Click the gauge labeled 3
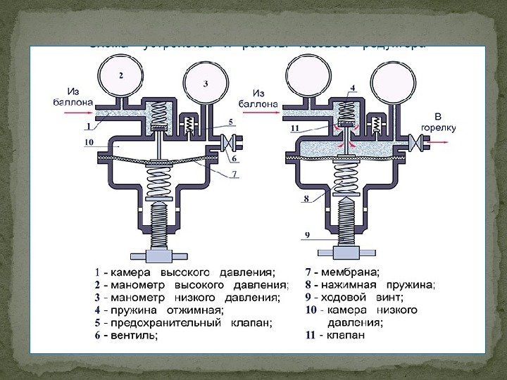coord(206,83)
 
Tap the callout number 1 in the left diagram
coord(89,127)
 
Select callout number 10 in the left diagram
coord(89,142)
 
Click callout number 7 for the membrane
coord(234,173)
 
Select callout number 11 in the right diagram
coord(295,129)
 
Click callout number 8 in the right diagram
coord(306,199)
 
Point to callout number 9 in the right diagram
coord(307,234)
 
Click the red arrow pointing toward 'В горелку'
coord(441,144)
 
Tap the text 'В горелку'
coord(438,122)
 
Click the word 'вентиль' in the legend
coord(134,336)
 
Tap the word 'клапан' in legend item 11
coord(345,336)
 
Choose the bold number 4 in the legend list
coord(97,310)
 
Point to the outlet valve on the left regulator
coord(228,145)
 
